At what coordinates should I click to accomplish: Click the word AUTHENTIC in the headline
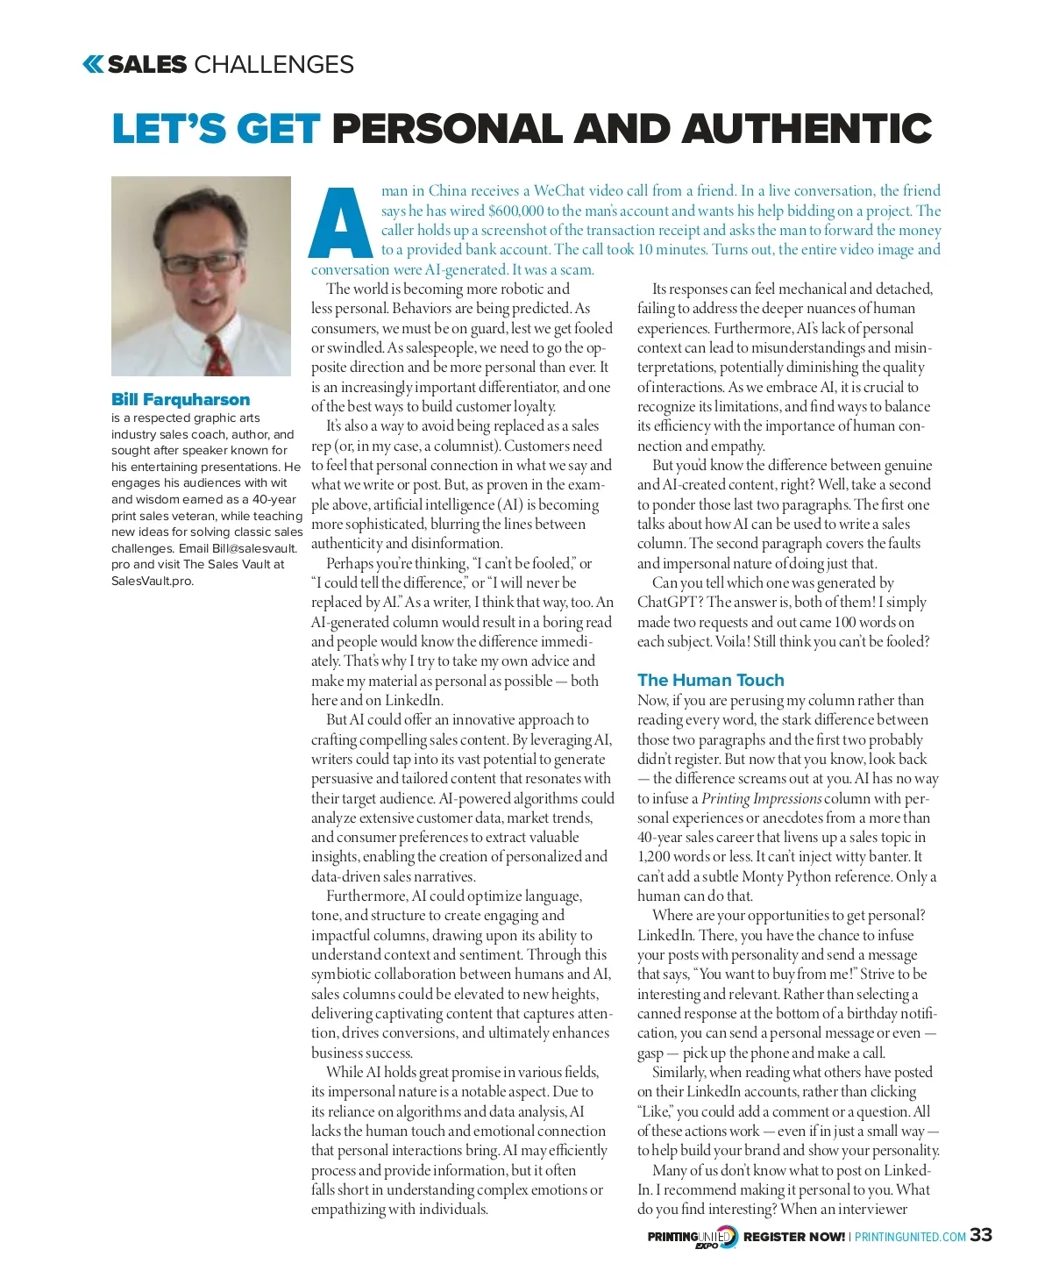[x=807, y=129]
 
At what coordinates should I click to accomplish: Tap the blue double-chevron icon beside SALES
[x=93, y=64]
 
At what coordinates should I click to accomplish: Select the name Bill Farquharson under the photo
[x=181, y=399]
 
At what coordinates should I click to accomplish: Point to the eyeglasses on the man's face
[x=203, y=261]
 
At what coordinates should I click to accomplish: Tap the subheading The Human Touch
[x=710, y=680]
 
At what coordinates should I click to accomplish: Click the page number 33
[x=981, y=1235]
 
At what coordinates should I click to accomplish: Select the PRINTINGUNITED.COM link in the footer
[x=910, y=1237]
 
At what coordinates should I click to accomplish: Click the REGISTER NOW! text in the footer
[x=793, y=1237]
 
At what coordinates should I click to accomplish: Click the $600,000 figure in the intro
[x=515, y=211]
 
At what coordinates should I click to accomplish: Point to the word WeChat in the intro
[x=559, y=190]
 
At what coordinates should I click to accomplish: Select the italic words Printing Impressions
[x=761, y=798]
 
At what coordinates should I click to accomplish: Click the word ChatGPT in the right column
[x=671, y=603]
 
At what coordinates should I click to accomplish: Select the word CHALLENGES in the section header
[x=274, y=64]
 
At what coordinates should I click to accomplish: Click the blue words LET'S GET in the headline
[x=216, y=129]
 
